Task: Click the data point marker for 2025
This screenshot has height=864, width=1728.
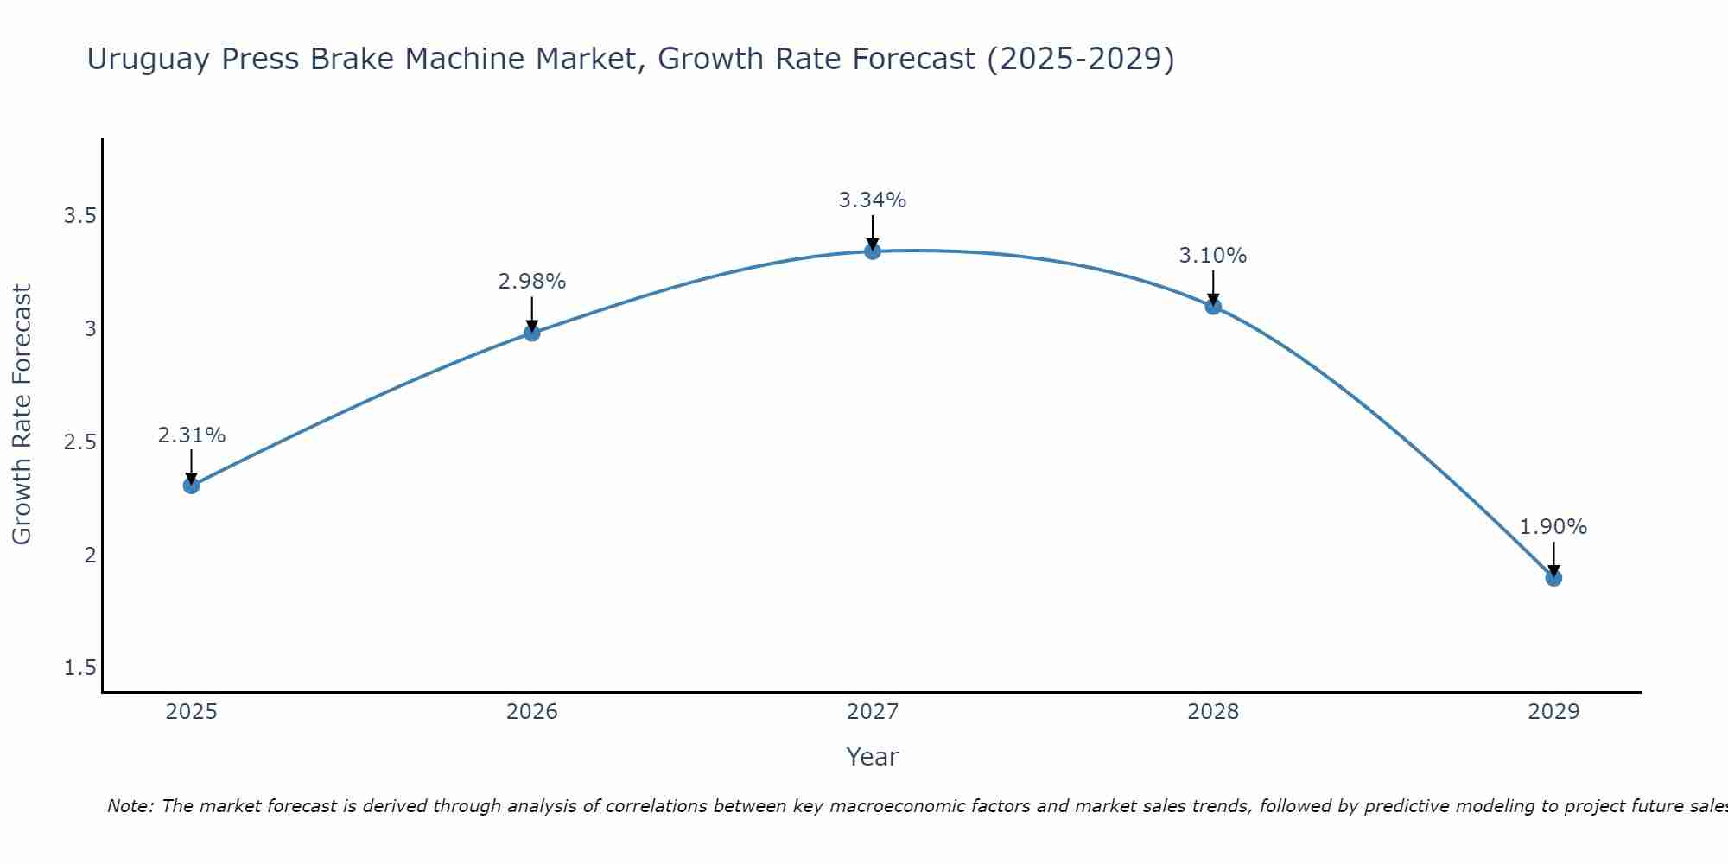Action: click(x=192, y=486)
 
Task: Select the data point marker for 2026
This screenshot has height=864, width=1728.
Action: click(x=532, y=333)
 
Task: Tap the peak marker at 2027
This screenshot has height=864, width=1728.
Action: click(x=873, y=251)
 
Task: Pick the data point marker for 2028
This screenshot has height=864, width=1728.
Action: click(x=1213, y=306)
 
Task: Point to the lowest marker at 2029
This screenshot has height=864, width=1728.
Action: click(x=1553, y=578)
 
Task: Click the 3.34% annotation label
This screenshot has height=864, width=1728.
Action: click(x=873, y=200)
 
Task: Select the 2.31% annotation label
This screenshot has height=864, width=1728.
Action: click(x=192, y=435)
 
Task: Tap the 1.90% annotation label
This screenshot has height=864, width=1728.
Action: click(x=1553, y=527)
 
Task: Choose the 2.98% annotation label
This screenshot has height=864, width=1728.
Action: click(x=532, y=282)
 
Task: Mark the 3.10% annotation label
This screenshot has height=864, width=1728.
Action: click(x=1213, y=256)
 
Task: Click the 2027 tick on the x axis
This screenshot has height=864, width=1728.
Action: click(x=873, y=712)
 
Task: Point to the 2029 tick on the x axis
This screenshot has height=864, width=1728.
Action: click(x=1553, y=712)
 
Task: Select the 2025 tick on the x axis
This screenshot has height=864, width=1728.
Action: click(x=192, y=712)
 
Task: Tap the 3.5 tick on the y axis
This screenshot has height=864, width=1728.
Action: click(x=79, y=216)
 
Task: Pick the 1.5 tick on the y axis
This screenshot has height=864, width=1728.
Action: click(x=79, y=668)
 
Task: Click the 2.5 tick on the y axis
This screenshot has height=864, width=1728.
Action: click(x=79, y=442)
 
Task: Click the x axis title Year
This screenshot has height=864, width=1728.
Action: click(x=873, y=757)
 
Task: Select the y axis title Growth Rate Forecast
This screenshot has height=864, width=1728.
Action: click(x=22, y=415)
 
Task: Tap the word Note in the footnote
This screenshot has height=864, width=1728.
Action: click(x=130, y=806)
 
